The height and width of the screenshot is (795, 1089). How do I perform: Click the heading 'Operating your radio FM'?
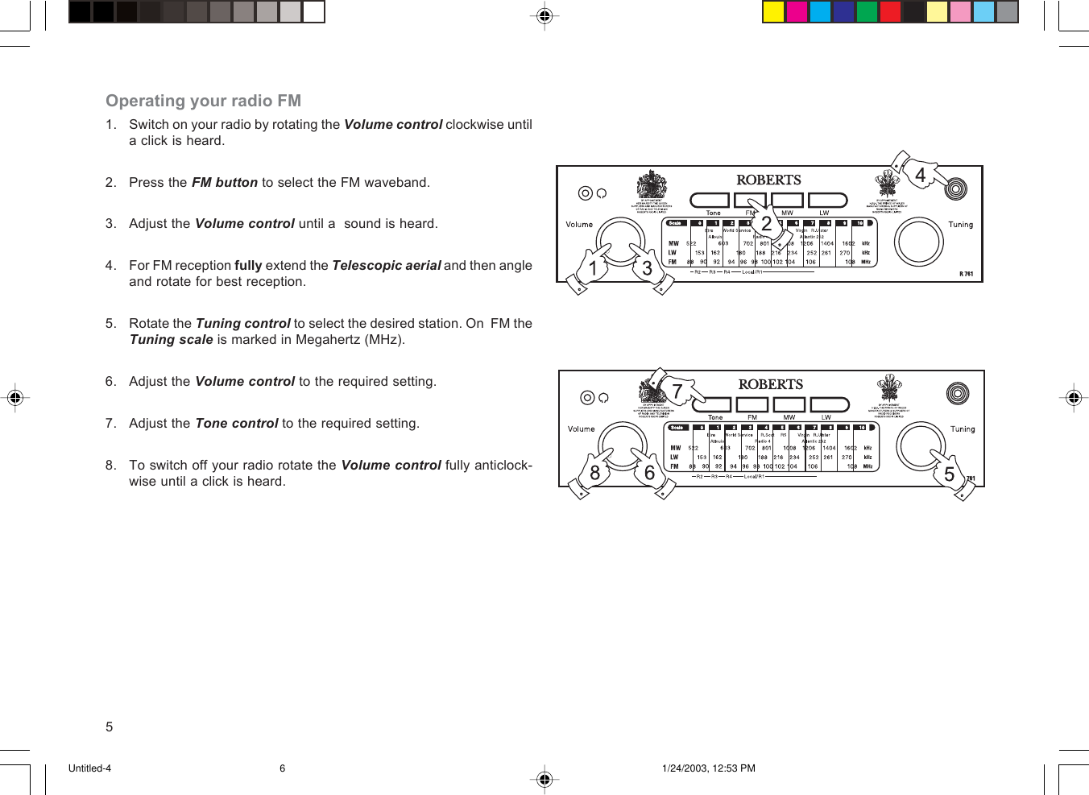point(203,101)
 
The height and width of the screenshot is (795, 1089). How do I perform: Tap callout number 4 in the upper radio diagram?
point(920,175)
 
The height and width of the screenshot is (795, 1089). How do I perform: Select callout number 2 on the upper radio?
point(766,223)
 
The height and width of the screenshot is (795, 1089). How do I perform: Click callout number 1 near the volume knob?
point(593,268)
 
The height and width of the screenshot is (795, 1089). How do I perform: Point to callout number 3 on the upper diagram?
point(647,268)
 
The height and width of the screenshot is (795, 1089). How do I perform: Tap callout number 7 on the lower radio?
point(677,391)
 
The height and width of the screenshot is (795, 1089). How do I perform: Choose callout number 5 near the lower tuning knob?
point(949,474)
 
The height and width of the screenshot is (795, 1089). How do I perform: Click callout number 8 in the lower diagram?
point(594,473)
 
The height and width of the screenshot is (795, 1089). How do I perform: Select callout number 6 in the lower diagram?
point(649,473)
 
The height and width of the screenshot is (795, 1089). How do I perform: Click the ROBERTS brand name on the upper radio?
point(768,180)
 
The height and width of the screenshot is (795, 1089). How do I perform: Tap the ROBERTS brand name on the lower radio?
point(771,384)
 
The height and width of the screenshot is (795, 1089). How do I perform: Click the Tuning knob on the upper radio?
point(919,241)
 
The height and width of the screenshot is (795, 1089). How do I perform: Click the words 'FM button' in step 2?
point(224,183)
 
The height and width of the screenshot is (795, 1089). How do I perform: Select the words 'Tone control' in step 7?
point(236,424)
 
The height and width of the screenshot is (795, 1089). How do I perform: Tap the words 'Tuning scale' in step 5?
point(171,340)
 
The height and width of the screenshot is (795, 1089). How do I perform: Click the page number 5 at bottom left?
point(110,727)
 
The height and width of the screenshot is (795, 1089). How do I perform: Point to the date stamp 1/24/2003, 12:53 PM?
point(708,768)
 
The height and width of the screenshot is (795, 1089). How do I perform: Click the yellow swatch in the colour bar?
point(773,11)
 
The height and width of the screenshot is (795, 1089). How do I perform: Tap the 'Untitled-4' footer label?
point(89,768)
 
